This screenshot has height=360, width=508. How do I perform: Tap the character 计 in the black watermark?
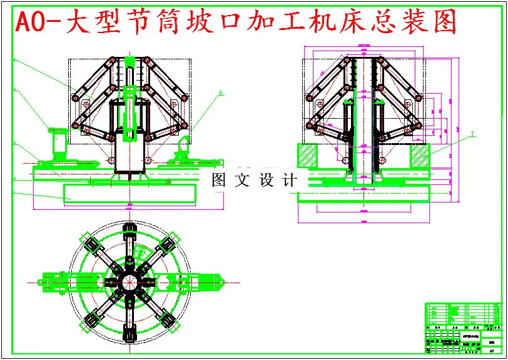(x=289, y=181)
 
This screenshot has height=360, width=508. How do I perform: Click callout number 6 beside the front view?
(x=220, y=93)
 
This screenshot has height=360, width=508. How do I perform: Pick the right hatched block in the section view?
(x=420, y=155)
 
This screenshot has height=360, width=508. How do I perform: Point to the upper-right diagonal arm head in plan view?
(x=168, y=243)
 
